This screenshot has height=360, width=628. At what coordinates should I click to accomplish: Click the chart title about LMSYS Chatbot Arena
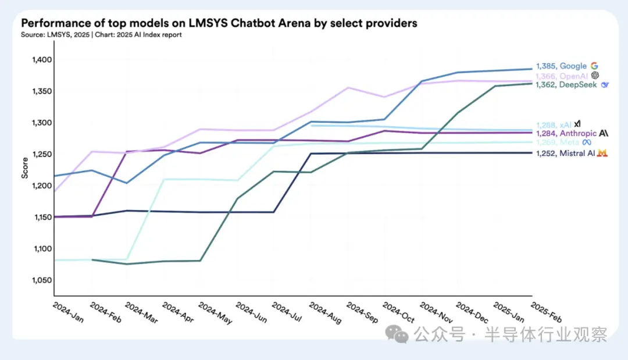click(219, 23)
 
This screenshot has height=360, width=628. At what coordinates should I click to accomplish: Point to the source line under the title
click(101, 35)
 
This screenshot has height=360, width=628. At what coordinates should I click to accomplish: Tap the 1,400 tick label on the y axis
click(41, 60)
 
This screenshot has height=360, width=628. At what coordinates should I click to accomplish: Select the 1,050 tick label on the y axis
click(41, 280)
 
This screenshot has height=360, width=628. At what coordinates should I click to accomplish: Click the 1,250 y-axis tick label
click(41, 154)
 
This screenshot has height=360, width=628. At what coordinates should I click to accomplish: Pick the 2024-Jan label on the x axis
click(67, 313)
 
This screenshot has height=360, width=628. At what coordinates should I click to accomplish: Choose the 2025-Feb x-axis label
click(546, 313)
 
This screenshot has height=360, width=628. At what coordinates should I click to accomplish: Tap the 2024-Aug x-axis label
click(325, 313)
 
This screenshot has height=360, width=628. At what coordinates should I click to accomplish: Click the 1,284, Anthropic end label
click(566, 134)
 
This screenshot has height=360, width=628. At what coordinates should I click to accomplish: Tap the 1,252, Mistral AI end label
click(566, 153)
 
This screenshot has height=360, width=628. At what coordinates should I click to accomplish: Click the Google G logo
click(594, 66)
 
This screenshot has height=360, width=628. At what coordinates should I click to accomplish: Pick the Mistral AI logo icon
click(603, 153)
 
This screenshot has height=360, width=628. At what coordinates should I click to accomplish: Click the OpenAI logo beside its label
click(595, 76)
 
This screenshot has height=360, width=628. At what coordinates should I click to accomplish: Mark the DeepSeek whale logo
click(605, 85)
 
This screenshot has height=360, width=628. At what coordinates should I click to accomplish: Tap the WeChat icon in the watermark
click(398, 334)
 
